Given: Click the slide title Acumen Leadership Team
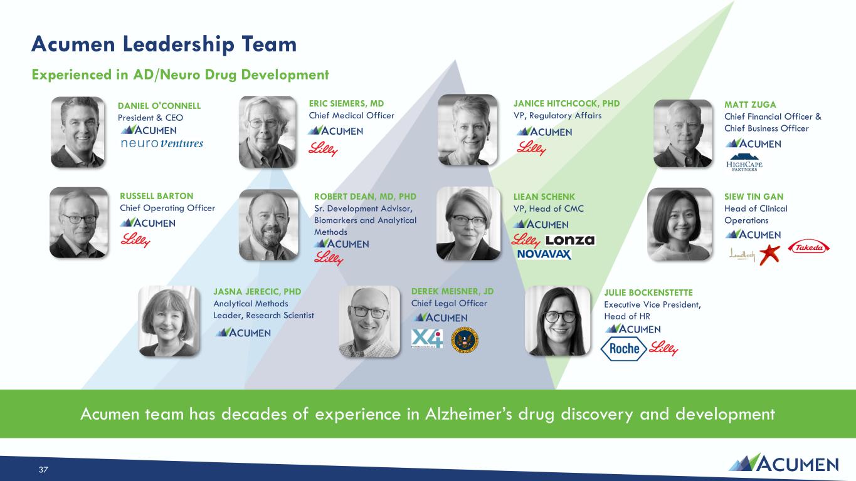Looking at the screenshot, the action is click(164, 44).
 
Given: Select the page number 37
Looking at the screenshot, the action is click(43, 470).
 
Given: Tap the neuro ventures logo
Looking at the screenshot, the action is click(162, 143).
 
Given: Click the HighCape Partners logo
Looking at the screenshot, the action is click(744, 162).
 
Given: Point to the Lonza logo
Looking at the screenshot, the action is click(570, 240).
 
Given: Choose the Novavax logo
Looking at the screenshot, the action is click(544, 254).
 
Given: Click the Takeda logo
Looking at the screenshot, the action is click(808, 248).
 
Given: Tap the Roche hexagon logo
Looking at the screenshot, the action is click(623, 348).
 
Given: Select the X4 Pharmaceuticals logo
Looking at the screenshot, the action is click(427, 339).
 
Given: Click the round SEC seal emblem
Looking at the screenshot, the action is click(465, 340).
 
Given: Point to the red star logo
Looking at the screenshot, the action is click(769, 255).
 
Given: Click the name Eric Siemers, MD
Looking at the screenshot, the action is click(346, 103).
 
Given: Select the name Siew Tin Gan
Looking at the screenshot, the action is click(754, 197).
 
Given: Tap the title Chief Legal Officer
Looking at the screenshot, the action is click(449, 304).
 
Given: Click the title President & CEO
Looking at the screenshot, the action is click(150, 118).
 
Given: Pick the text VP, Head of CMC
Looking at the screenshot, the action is click(548, 209).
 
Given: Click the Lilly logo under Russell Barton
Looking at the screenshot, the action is click(135, 240).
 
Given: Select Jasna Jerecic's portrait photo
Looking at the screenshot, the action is click(169, 321).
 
